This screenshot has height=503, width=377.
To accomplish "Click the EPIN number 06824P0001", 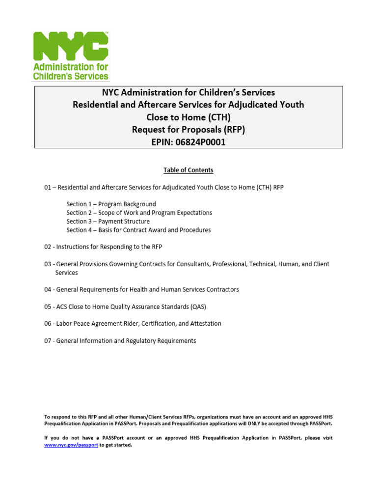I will click(x=206, y=142).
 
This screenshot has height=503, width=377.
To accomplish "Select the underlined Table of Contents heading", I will click(x=188, y=170).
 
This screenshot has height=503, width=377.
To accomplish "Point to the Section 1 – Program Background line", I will click(x=111, y=204).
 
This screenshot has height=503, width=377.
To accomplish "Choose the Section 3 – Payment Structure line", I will click(x=108, y=222).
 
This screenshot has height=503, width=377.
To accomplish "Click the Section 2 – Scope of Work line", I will click(x=139, y=213).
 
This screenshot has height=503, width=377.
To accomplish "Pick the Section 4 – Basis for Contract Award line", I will click(x=138, y=230).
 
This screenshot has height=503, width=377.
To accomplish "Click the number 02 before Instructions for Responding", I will click(x=48, y=247).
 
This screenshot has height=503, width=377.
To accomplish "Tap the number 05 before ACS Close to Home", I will click(x=48, y=307).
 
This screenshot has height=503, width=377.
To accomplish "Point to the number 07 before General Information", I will click(x=48, y=341).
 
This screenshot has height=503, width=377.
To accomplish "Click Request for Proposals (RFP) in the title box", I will click(x=188, y=130).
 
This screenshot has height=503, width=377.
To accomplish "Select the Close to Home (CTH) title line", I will click(x=188, y=117).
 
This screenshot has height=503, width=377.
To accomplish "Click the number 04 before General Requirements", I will click(x=48, y=290).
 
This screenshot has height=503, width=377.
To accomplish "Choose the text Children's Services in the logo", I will click(x=70, y=76).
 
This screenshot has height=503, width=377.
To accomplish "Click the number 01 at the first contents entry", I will click(x=48, y=187).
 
